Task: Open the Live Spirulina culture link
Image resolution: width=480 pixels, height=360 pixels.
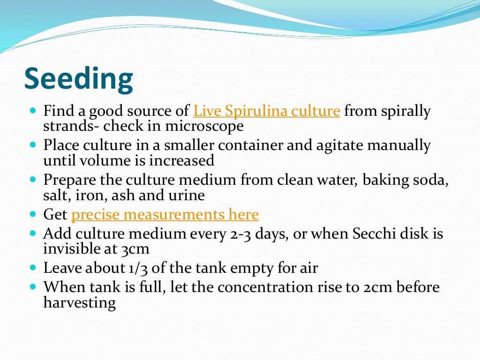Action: point(266,112)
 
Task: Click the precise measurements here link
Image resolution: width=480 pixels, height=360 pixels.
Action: point(165,215)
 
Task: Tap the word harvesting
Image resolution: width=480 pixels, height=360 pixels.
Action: point(79,302)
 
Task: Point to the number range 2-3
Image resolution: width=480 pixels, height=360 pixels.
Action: point(243,233)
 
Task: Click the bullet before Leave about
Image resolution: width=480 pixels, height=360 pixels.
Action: point(32,269)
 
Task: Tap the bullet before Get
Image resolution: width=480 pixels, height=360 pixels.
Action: point(32,215)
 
